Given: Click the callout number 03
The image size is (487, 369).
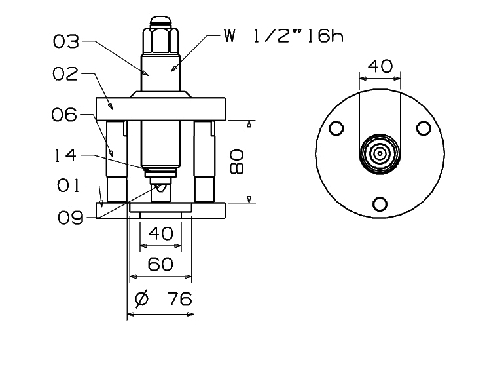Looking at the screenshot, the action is point(66,42).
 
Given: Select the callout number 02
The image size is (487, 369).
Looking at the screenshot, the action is point(65,74).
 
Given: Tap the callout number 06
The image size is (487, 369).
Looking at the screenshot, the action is point(64,115).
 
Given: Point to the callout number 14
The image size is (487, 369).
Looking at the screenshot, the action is point(65,155).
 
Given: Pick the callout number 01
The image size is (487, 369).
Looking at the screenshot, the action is point(68,185).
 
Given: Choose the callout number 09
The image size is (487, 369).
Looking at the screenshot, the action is point(71,218).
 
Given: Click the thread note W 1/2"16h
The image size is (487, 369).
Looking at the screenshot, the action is point(283,36).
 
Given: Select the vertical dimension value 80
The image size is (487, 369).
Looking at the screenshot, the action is point(237,161).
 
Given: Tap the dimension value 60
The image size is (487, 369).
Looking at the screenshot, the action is point(160,264).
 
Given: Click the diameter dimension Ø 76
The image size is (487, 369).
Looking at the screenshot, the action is point(164,299).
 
